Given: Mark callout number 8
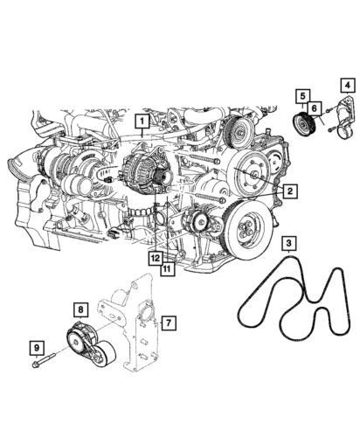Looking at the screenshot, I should (80, 309).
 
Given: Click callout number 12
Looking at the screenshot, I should (154, 259).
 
